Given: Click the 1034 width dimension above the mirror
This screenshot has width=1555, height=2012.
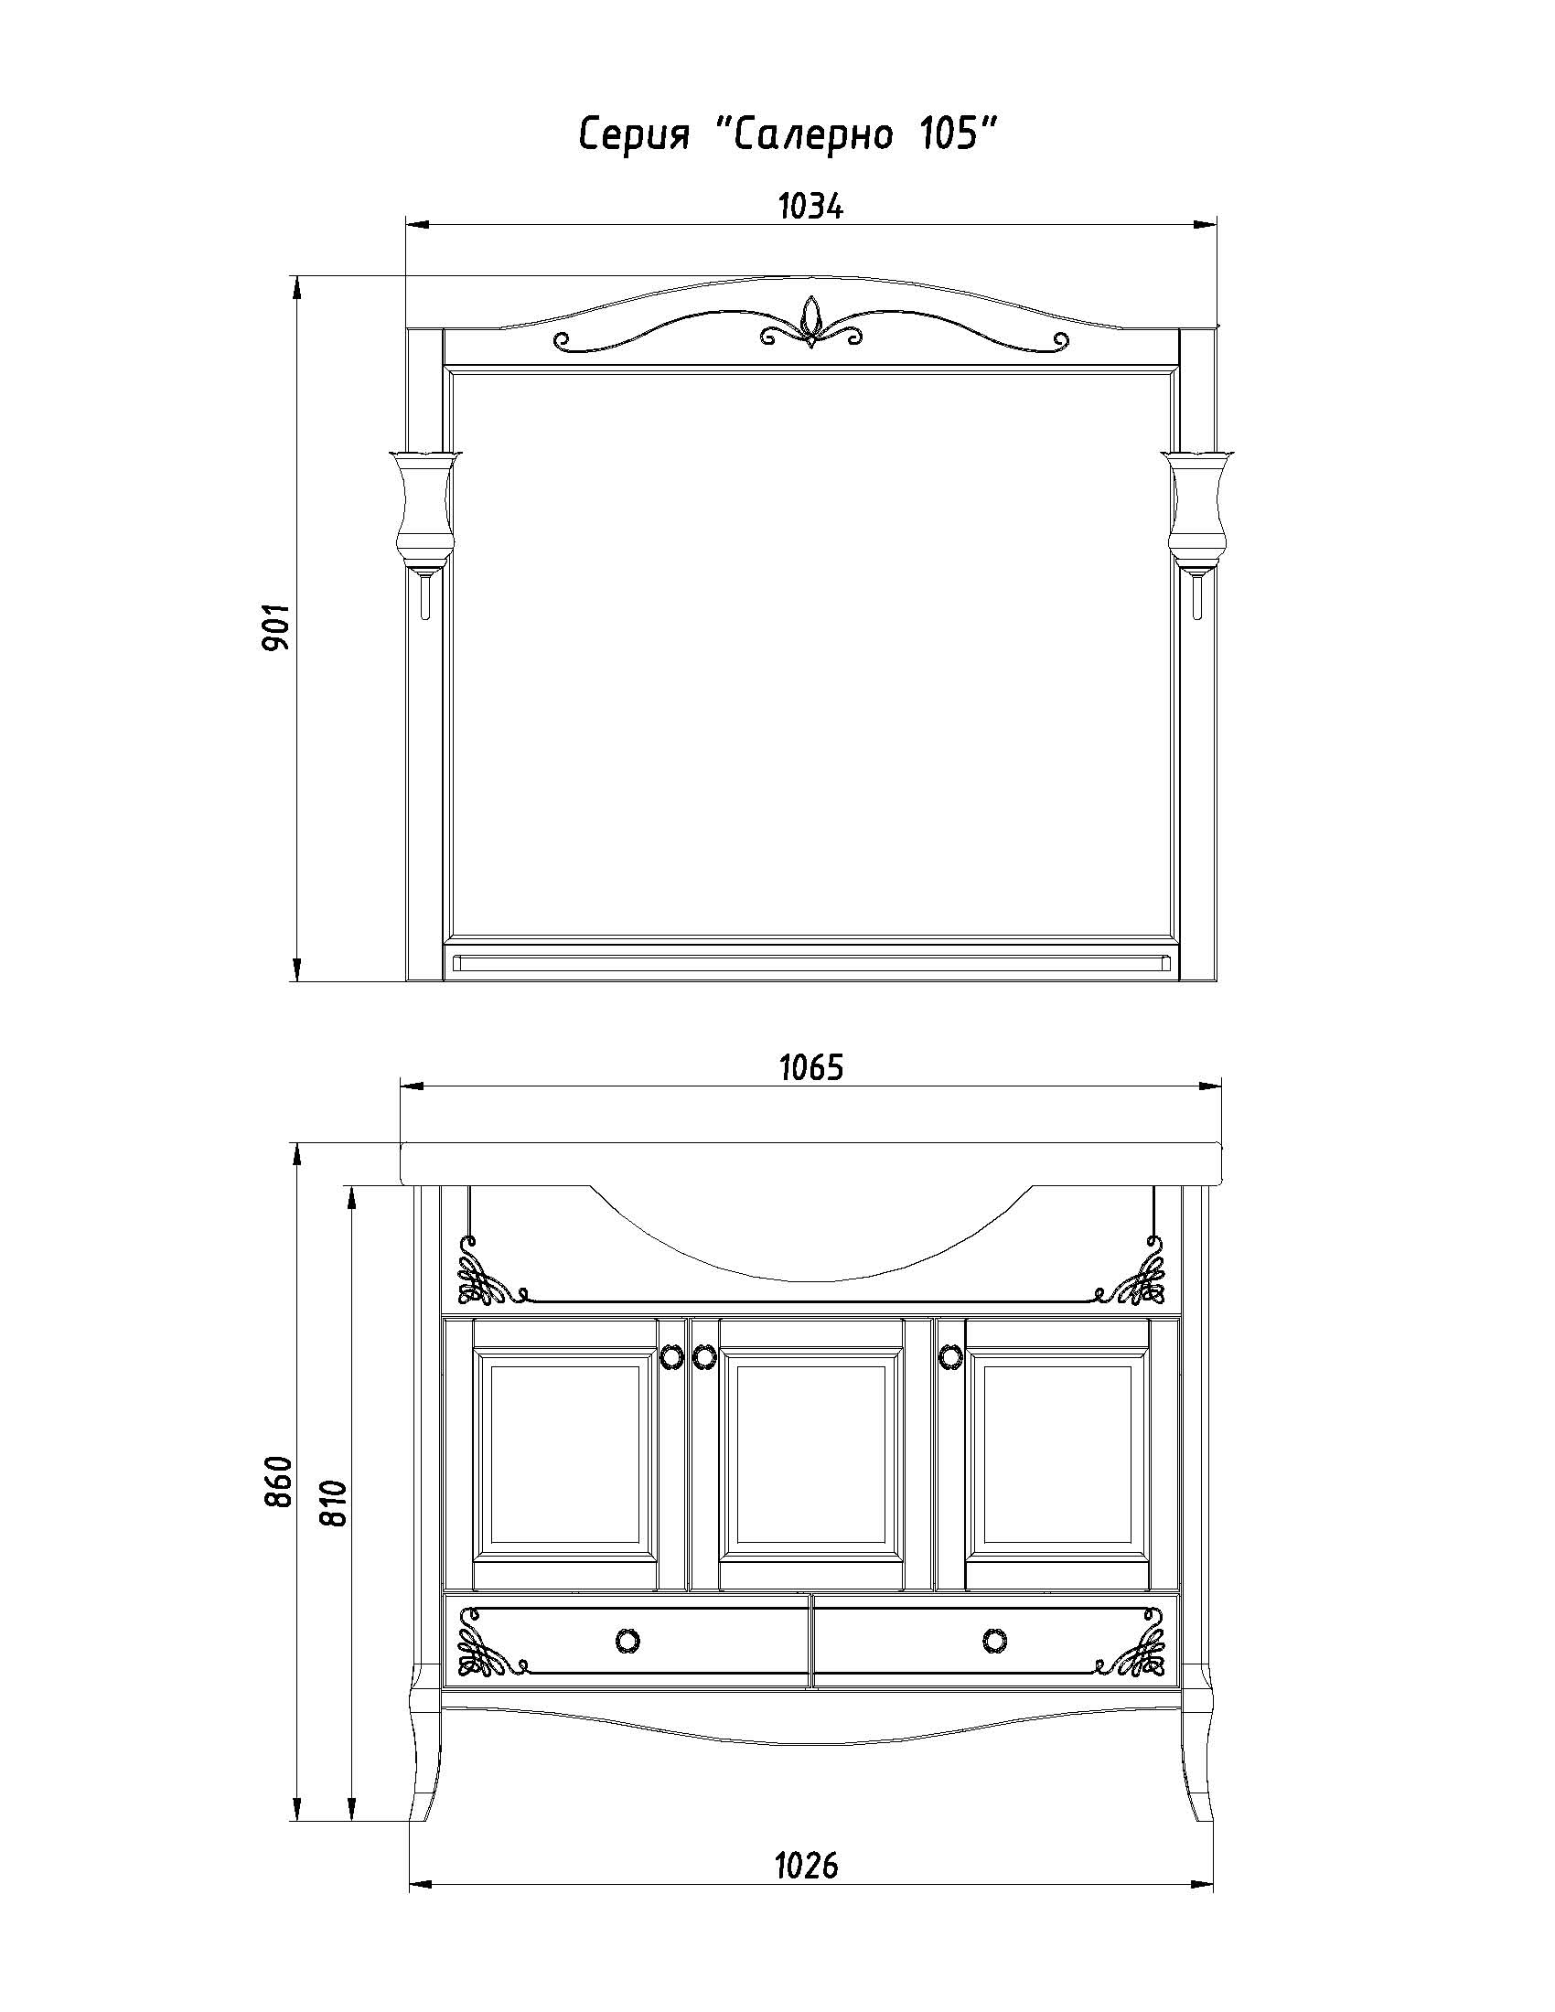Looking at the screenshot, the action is pos(810,208).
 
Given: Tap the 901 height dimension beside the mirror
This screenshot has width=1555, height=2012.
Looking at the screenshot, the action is pos(276,627).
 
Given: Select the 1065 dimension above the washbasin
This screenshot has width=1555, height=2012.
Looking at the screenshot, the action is pos(811,1067).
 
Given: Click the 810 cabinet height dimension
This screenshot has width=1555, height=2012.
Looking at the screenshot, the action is pos(335,1503).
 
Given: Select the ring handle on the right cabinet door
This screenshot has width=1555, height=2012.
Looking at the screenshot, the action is pos(949,1354).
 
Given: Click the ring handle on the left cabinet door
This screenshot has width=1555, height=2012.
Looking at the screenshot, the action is pos(672,1354).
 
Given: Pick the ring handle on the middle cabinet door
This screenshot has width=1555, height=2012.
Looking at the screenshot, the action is pos(702,1354).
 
